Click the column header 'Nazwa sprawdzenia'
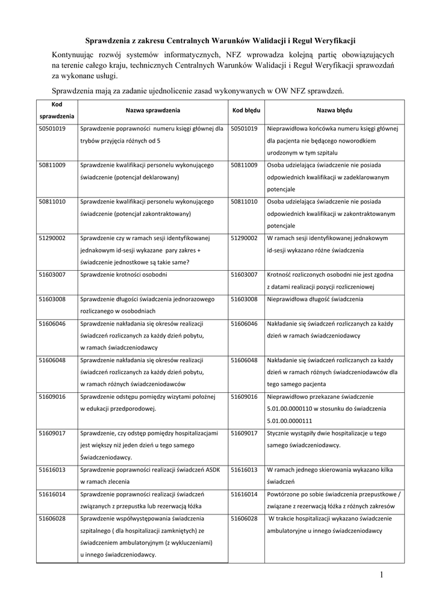[x=153, y=111]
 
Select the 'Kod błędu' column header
[x=246, y=111]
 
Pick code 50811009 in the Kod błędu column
[x=244, y=165]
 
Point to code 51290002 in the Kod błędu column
[x=244, y=238]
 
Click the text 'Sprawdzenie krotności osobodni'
[x=123, y=274]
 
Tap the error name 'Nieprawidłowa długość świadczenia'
[x=315, y=299]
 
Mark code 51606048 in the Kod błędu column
[x=244, y=360]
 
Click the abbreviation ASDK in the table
[x=214, y=470]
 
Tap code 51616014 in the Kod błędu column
[x=244, y=494]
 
